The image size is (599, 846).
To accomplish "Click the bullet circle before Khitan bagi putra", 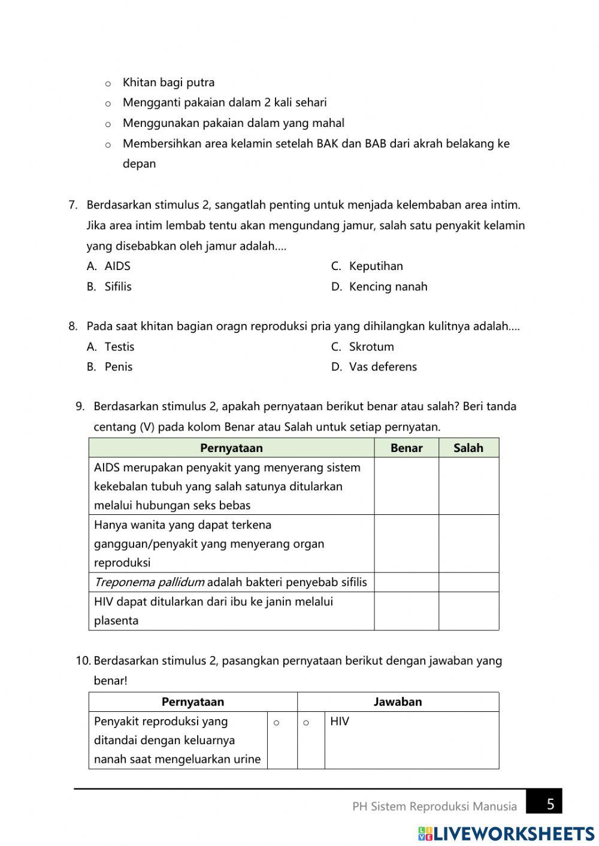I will click(108, 84).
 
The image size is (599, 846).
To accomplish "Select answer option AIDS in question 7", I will click(117, 266).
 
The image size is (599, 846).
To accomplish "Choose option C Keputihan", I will click(375, 266).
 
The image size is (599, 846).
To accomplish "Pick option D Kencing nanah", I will click(388, 286).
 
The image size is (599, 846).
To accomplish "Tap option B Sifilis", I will click(117, 286).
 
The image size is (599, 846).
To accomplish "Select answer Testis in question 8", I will click(119, 347).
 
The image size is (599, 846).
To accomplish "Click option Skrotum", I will click(371, 347).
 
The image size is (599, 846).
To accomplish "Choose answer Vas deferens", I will click(382, 366).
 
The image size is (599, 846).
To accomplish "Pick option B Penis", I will click(118, 366).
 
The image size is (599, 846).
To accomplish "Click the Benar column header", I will click(406, 448).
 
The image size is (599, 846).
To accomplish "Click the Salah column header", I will click(468, 448).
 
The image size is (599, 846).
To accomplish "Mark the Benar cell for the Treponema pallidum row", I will click(406, 582).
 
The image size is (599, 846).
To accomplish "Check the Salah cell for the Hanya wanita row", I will click(468, 544).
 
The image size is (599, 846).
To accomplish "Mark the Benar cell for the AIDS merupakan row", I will click(406, 486).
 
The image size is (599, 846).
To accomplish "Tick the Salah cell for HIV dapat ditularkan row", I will click(468, 611).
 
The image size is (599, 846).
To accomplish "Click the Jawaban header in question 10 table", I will click(398, 702).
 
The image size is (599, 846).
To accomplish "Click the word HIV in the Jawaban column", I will click(340, 721).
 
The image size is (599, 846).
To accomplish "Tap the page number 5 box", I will click(549, 804).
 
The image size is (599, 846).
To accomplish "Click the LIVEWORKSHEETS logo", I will click(506, 833).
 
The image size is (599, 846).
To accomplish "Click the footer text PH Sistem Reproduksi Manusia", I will click(434, 806).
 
